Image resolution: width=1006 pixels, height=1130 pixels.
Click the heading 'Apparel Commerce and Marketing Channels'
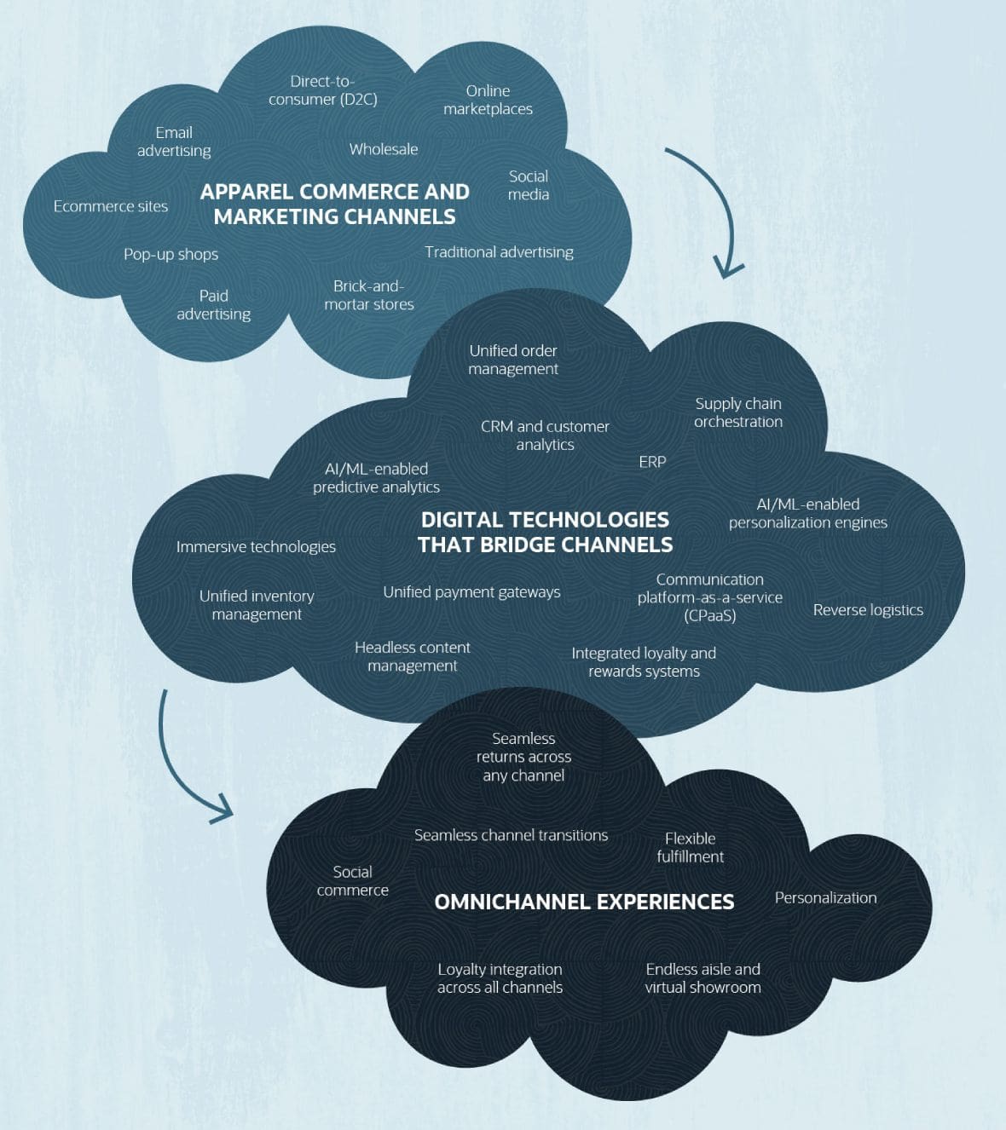coord(334,204)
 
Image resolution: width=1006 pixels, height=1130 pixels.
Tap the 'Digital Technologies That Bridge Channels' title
coord(545,532)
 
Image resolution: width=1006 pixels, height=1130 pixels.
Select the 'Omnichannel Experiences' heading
coord(584,902)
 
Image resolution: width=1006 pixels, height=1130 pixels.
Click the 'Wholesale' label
coord(384,149)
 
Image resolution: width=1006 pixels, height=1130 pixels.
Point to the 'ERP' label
coord(652,462)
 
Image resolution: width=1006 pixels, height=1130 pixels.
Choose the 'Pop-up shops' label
coord(171,254)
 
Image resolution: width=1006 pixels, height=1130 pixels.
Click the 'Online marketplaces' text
coord(488,100)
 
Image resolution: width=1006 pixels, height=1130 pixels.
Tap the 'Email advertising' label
coord(174,141)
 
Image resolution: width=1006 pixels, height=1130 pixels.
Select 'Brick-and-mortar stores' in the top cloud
coord(369,295)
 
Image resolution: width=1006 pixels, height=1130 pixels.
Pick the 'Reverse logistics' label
coord(868,610)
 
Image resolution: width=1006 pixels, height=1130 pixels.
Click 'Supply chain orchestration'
coord(738,412)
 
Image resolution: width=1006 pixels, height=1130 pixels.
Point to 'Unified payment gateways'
coord(471,592)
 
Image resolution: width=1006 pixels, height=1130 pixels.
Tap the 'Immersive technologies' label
coord(256,547)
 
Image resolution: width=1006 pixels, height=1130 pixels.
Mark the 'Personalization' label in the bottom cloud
coord(825,898)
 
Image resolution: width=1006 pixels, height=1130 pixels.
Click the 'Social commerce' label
coord(352,881)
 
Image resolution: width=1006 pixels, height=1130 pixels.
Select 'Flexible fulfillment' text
coord(690,848)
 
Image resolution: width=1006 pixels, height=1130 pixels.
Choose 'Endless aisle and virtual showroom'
coord(702,978)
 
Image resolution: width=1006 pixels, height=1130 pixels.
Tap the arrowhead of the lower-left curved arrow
coord(223,810)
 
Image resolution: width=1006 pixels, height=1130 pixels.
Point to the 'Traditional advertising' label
coord(499,252)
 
